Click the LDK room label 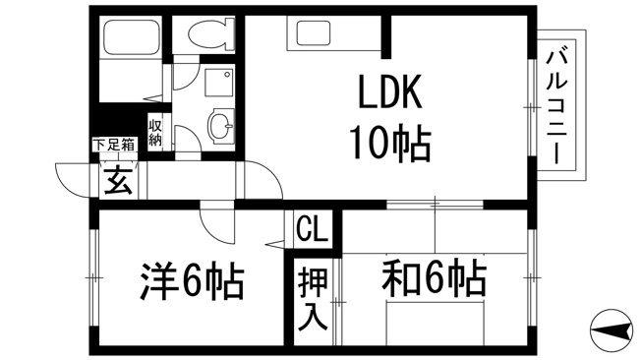coord(389,92)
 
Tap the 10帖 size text coord(389,144)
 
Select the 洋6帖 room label coord(192,281)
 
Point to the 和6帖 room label coord(435,278)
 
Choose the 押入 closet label coord(313,298)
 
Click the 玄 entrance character coord(119,180)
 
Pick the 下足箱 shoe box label coord(114,145)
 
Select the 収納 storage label coord(155,133)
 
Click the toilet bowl coord(209,32)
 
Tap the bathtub coord(131,37)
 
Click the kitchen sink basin coord(314,32)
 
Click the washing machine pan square coord(218,83)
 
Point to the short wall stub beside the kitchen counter coord(386,36)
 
